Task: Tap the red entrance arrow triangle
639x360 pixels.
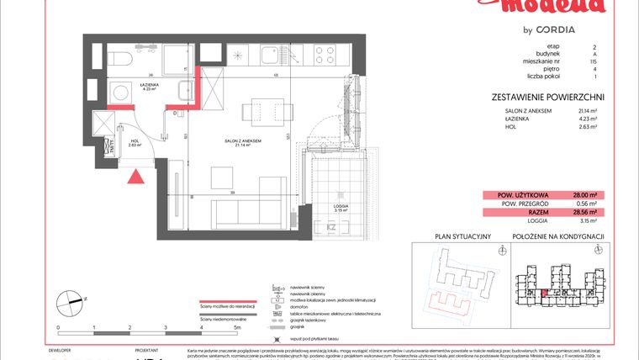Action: coord(135,176)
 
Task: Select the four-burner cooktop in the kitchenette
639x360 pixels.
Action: coord(324,56)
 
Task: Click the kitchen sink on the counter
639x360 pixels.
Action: coord(272,56)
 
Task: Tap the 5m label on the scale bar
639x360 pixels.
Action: coord(238,326)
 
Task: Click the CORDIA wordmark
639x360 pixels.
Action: coord(552,29)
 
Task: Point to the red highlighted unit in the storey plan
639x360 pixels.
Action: coord(543,292)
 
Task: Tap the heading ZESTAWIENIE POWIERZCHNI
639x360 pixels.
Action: coord(548,98)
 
